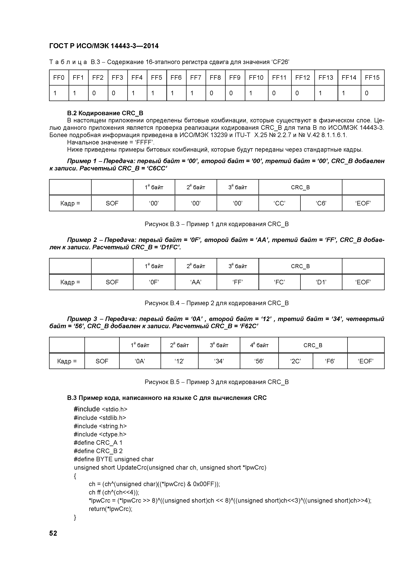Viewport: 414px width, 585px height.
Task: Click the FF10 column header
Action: [256, 77]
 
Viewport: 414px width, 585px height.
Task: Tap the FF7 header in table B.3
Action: [196, 77]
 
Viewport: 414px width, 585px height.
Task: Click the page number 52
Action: [53, 533]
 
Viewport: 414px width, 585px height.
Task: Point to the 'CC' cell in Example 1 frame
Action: [279, 203]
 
